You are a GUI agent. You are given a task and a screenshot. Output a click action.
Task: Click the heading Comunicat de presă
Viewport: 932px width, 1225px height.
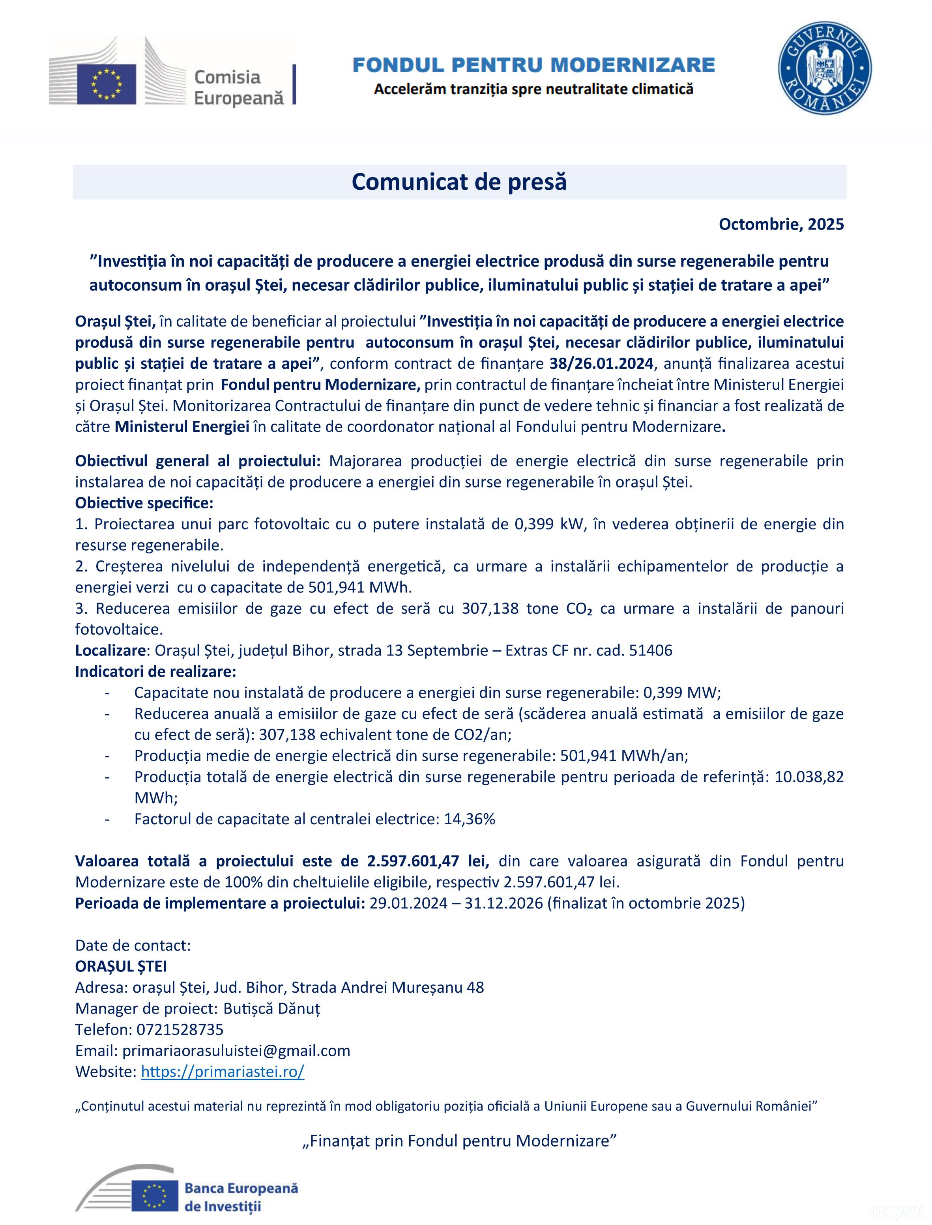pyautogui.click(x=459, y=182)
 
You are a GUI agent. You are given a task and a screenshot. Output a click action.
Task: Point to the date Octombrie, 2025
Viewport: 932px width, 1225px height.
pyautogui.click(x=781, y=224)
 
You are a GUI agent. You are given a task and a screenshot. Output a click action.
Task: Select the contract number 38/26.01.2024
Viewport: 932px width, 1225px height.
pyautogui.click(x=601, y=364)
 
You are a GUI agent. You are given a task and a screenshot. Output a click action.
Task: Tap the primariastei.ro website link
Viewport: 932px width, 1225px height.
pyautogui.click(x=223, y=1072)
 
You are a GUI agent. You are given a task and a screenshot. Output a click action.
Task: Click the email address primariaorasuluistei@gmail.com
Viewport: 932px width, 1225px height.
pyautogui.click(x=236, y=1050)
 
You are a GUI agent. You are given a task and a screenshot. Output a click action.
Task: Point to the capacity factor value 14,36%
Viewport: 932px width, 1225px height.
pyautogui.click(x=469, y=819)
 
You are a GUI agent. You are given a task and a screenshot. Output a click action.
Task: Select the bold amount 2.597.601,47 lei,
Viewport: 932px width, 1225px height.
pyautogui.click(x=428, y=861)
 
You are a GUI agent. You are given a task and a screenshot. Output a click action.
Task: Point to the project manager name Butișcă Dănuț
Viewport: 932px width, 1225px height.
pyautogui.click(x=272, y=1008)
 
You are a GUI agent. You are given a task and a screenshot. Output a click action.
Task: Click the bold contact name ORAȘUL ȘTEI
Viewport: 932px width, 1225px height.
pyautogui.click(x=121, y=966)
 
